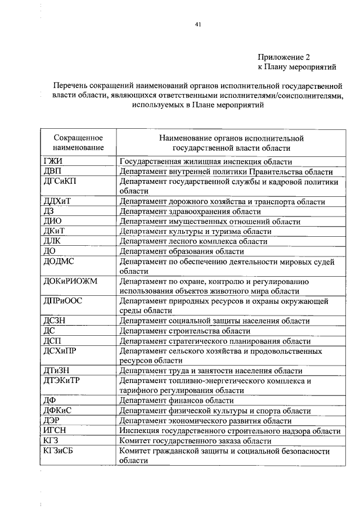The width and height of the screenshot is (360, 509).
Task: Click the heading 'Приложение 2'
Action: (x=284, y=57)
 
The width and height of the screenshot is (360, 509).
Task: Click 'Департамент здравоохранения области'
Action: (x=190, y=212)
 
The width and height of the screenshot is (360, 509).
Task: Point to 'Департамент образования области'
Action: (x=181, y=251)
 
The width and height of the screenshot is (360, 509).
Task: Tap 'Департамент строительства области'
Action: (x=184, y=331)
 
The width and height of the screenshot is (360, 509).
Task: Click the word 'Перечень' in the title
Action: (x=70, y=86)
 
